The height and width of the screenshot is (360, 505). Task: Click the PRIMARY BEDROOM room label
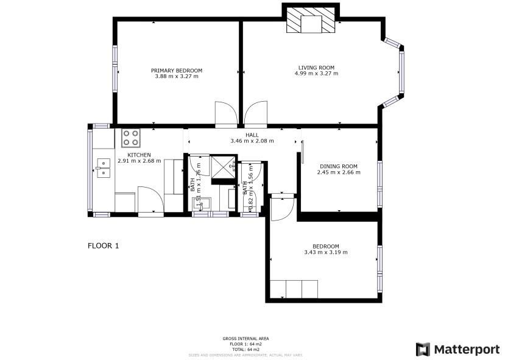[x=177, y=71]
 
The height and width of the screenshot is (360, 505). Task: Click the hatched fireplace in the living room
[x=311, y=21]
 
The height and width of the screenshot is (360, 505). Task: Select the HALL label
[x=252, y=135]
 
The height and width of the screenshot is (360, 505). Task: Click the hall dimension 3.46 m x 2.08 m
[x=252, y=141]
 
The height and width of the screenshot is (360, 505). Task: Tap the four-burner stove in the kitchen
[x=130, y=138]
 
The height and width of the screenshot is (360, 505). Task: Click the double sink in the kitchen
[x=103, y=168]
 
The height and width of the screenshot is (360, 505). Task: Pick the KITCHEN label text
[x=139, y=155]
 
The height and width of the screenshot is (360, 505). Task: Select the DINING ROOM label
[x=339, y=166]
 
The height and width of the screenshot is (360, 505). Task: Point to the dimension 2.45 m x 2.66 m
[x=339, y=172]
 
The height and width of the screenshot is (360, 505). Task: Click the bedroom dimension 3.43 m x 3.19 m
[x=326, y=253]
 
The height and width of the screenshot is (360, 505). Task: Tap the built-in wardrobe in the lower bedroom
[x=294, y=289]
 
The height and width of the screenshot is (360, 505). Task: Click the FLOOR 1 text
[x=104, y=246]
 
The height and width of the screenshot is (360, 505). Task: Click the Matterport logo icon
[x=423, y=349]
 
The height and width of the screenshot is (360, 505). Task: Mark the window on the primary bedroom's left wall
[x=114, y=71]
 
